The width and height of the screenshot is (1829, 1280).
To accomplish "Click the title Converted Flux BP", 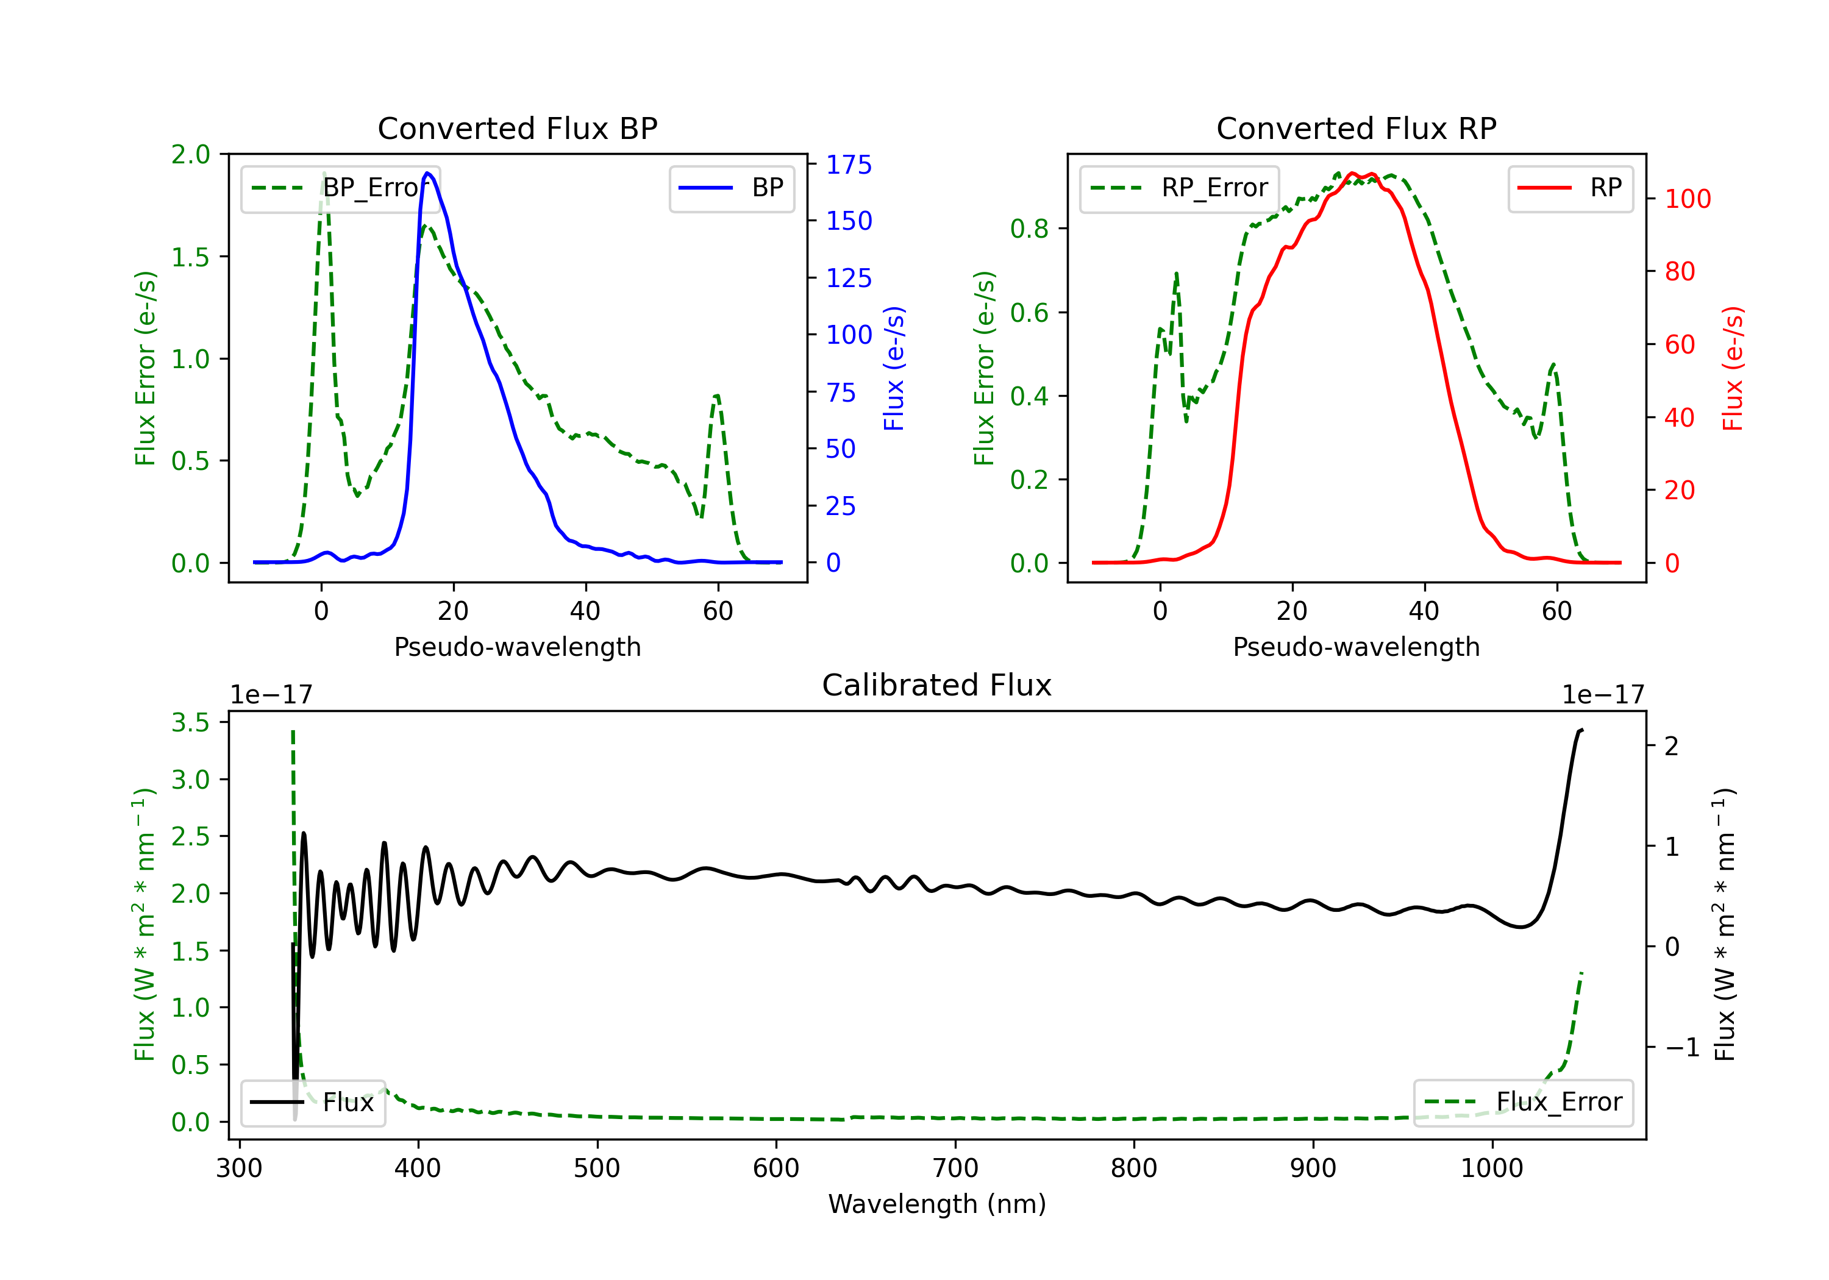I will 517,128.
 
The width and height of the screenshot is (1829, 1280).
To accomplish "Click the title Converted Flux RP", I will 1356,128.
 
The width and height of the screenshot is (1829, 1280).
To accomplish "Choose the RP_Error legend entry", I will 1180,188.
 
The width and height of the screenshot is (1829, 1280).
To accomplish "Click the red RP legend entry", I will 1570,188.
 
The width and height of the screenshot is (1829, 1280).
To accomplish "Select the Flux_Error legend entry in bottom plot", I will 1523,1103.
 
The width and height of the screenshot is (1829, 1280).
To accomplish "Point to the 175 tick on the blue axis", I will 849,165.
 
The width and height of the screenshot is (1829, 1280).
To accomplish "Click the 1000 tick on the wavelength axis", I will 1491,1168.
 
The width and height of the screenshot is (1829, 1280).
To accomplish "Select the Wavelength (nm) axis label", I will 937,1204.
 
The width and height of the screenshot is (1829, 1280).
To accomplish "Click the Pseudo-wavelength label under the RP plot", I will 1356,647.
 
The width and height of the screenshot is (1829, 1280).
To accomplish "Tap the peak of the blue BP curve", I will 428,173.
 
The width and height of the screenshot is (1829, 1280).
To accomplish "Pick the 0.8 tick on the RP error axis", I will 1029,229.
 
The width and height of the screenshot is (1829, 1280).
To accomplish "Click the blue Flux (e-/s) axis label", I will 894,368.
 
